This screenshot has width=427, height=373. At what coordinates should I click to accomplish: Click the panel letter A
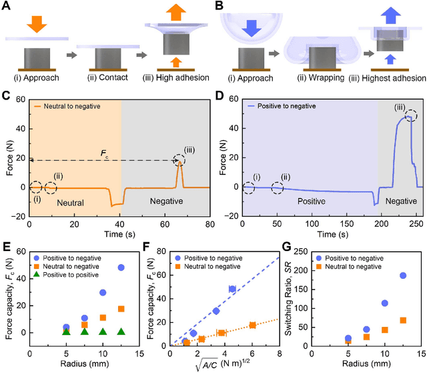click(5, 7)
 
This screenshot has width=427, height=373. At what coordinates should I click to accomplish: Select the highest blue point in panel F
click(232, 289)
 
